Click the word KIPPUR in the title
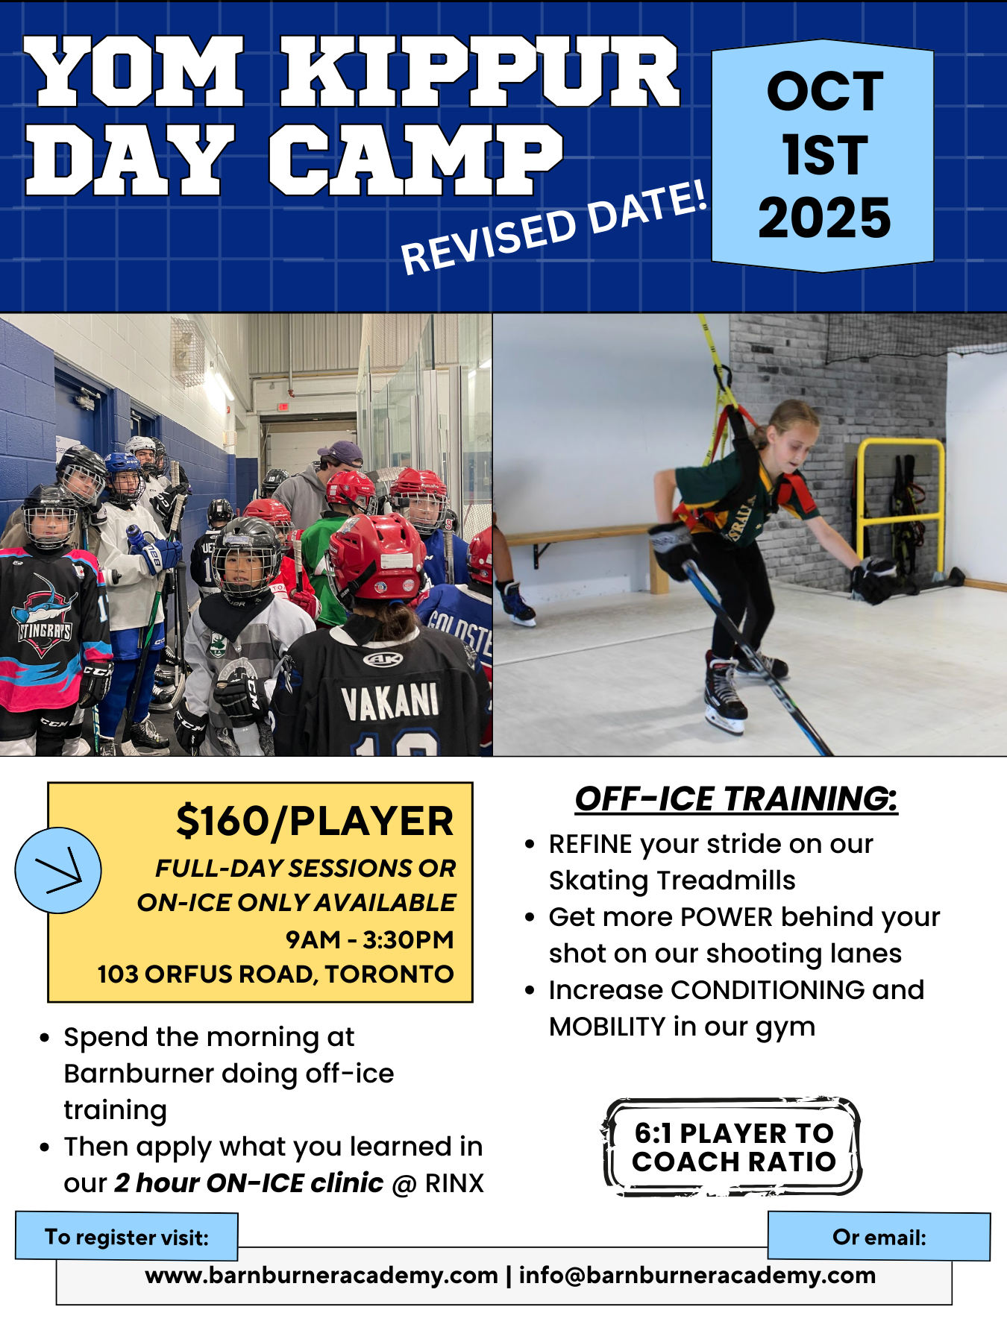(x=480, y=72)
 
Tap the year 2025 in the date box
(x=824, y=218)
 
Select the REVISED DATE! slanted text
(x=553, y=227)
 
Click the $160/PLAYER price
(x=315, y=822)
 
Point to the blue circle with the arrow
(x=58, y=870)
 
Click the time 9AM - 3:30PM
(x=370, y=939)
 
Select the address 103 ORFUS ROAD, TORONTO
(x=275, y=974)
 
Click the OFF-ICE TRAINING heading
(x=736, y=798)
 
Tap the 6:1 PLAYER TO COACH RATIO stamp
(x=732, y=1147)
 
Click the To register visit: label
(x=127, y=1237)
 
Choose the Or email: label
(x=879, y=1237)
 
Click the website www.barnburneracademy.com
(x=321, y=1275)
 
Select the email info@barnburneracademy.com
(x=697, y=1275)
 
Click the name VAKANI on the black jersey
(x=389, y=702)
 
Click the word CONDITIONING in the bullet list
(x=768, y=990)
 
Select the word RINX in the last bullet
(x=454, y=1183)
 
